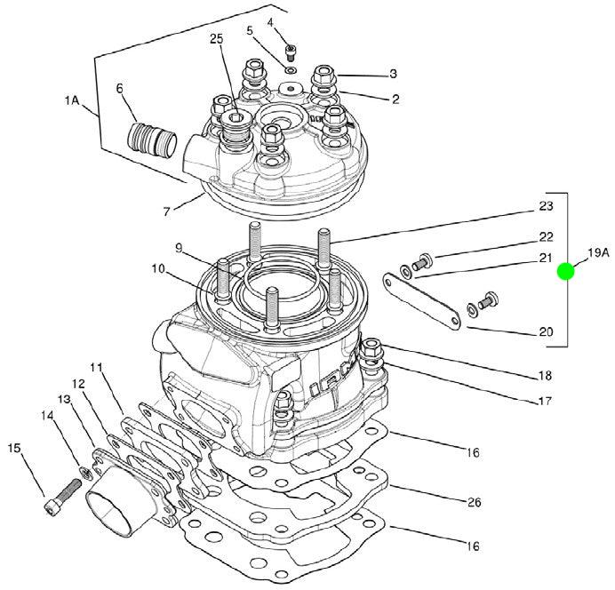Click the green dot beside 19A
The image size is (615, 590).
click(566, 272)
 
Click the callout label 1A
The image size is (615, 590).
click(72, 102)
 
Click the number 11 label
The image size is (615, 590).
click(97, 366)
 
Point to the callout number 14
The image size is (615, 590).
click(47, 414)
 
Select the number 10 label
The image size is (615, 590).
click(156, 267)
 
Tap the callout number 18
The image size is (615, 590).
click(545, 375)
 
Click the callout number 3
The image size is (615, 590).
click(393, 74)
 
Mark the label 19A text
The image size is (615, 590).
click(597, 253)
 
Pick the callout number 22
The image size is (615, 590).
click(546, 237)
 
